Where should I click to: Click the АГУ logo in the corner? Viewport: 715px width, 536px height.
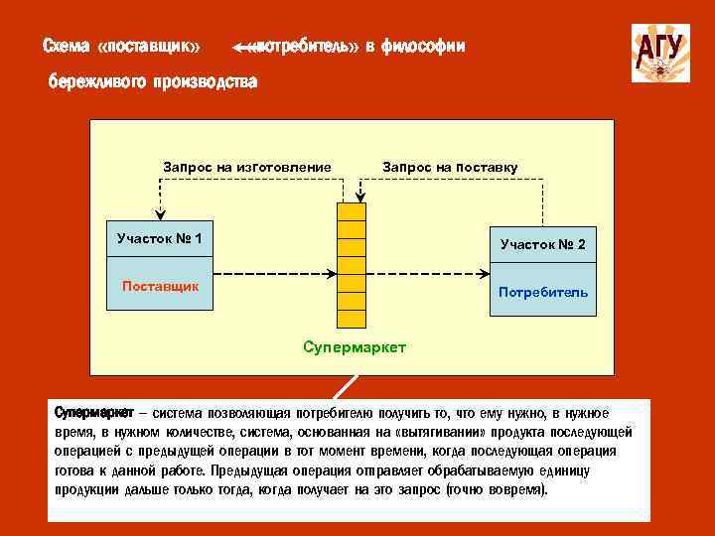[x=660, y=52]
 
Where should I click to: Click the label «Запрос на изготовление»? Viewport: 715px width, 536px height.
[x=246, y=166]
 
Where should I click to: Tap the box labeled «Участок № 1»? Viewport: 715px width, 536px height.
[x=159, y=238]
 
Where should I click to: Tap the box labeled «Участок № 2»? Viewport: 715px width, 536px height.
[x=542, y=243]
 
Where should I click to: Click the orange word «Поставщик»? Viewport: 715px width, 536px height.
[x=160, y=286]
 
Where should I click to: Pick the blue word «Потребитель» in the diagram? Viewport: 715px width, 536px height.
[x=542, y=292]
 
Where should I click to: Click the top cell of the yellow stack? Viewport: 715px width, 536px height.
[x=351, y=211]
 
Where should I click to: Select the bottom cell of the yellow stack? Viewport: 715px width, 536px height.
[x=351, y=319]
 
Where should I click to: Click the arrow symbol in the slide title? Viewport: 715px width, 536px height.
[x=240, y=47]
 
